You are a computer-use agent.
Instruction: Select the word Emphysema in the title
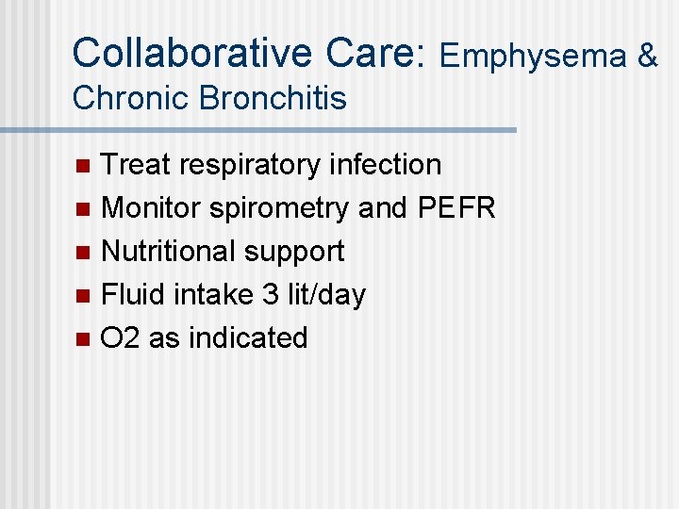tap(534, 57)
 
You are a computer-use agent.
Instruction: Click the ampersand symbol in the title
tap(648, 57)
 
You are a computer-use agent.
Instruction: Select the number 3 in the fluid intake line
tap(271, 295)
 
